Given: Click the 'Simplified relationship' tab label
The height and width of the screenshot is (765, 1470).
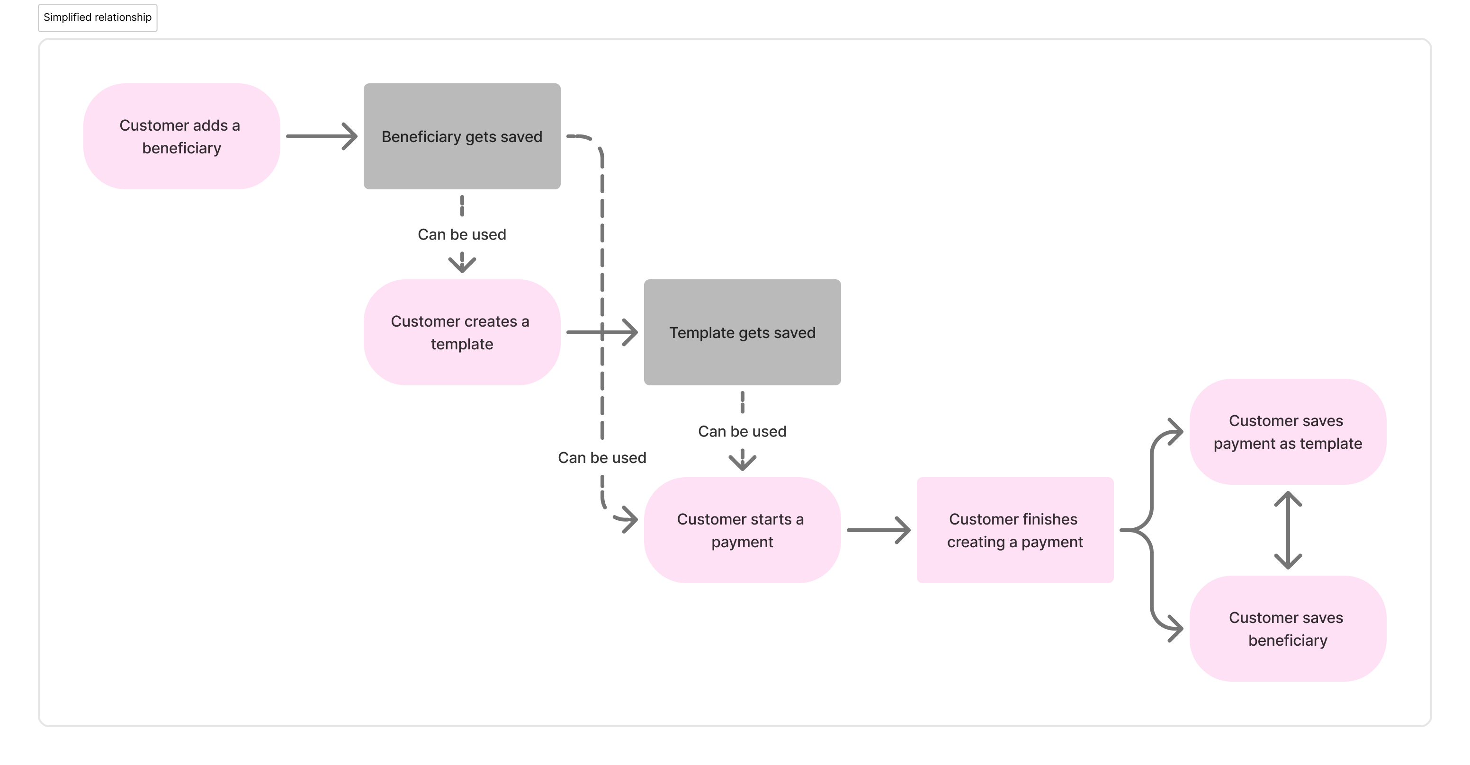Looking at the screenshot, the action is coord(98,18).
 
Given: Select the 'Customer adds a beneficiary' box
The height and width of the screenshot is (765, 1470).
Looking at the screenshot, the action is coord(181,136).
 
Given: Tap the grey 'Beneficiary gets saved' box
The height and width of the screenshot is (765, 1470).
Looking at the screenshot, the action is coord(462,136).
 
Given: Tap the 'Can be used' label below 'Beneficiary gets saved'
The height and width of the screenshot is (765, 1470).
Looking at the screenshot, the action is coord(462,234).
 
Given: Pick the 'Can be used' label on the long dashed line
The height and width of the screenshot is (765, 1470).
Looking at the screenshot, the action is coord(602,457).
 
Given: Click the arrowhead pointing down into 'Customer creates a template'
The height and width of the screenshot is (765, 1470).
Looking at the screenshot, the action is coord(462,264).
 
